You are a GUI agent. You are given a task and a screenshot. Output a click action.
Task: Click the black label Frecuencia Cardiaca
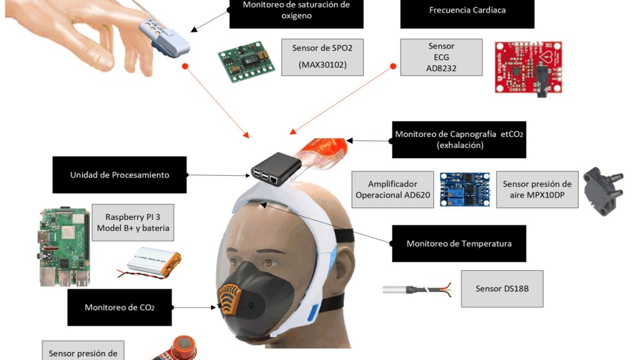467,11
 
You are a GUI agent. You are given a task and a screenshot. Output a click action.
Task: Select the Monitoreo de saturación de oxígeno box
296,11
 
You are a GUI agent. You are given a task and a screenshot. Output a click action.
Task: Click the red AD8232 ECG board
527,67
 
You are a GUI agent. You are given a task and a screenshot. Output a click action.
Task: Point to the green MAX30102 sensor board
246,61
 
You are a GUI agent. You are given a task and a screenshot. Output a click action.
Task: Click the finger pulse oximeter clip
164,36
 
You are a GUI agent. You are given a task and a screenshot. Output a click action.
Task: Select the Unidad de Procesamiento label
119,175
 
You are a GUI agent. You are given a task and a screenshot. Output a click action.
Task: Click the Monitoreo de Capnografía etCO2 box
459,139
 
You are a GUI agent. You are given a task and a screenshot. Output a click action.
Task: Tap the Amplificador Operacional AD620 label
392,190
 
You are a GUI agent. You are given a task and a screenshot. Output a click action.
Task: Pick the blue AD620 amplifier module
464,189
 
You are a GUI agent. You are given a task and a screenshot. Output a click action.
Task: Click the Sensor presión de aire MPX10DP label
537,189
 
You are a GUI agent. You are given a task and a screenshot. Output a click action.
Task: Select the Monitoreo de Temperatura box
459,243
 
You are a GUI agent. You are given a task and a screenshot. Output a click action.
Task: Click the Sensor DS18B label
502,288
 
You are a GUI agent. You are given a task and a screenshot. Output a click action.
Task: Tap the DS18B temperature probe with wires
416,289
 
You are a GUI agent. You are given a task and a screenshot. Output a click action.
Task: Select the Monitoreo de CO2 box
119,307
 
